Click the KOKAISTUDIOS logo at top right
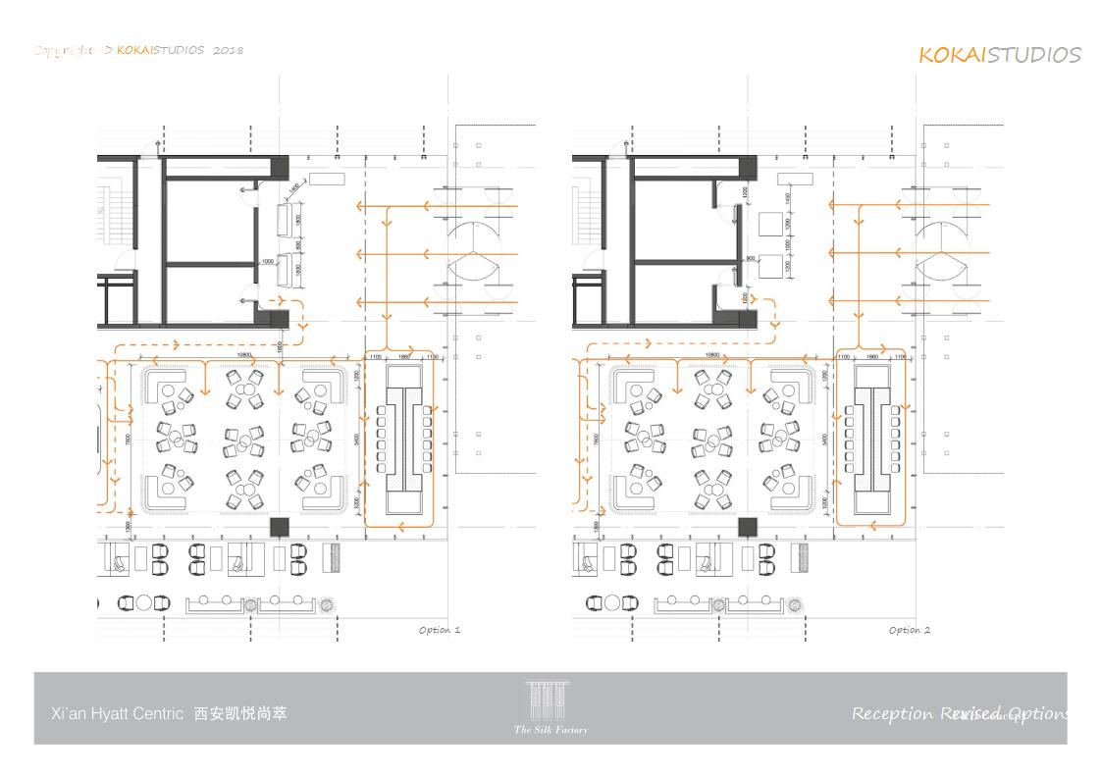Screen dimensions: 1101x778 pos(999,55)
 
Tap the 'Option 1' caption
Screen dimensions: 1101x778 pos(439,630)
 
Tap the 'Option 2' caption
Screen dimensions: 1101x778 pos(909,630)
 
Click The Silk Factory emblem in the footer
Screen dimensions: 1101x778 pos(550,707)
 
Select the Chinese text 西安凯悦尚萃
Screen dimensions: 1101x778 pos(240,713)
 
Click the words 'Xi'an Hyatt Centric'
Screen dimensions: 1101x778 pos(117,714)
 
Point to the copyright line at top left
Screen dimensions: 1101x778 pos(138,50)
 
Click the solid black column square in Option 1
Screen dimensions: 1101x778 pos(280,527)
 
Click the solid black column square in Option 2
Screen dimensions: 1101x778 pos(748,527)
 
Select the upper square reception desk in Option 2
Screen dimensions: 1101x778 pos(770,225)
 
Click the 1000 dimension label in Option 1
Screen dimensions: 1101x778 pos(267,261)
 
